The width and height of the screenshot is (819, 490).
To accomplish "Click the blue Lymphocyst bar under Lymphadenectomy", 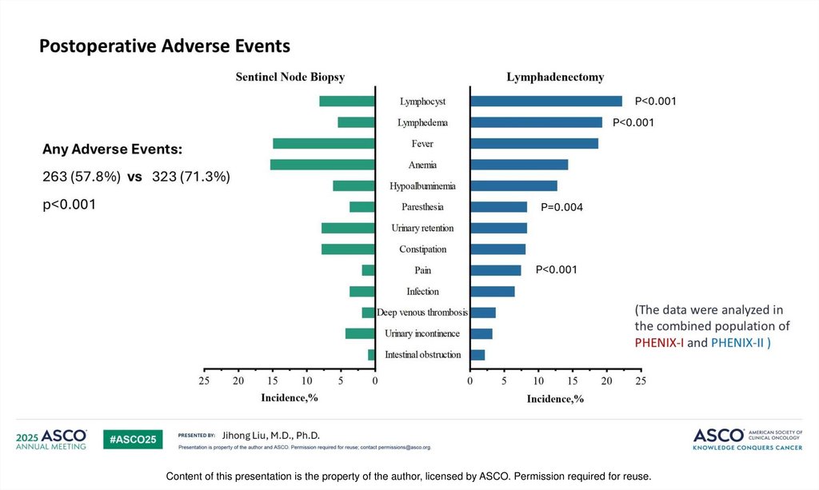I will tap(546, 102).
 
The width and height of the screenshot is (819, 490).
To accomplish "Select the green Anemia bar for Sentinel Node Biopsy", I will tap(322, 165).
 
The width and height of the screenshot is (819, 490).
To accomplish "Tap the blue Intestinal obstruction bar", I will tap(477, 355).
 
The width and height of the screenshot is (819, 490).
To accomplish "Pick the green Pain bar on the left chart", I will tap(368, 270).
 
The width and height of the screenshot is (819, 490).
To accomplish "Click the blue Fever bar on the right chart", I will tap(534, 144).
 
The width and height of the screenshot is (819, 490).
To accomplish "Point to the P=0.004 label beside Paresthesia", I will tap(562, 208).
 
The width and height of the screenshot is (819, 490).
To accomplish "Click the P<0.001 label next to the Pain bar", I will tap(557, 269).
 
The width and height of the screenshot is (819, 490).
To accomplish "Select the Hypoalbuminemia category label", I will tap(422, 186).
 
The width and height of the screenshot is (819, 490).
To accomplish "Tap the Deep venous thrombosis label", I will tap(422, 313).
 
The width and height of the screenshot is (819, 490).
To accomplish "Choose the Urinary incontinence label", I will tap(422, 333).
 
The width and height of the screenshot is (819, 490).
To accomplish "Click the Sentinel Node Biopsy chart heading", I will tap(290, 78).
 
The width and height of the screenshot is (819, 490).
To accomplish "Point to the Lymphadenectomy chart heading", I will tap(555, 78).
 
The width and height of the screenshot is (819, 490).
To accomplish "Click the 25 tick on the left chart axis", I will tap(205, 382).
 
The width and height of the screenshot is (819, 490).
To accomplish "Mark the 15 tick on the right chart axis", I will tap(572, 382).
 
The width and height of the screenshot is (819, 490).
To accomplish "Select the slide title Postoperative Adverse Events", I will tap(165, 46).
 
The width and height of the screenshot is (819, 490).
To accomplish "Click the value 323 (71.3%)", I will tap(191, 177).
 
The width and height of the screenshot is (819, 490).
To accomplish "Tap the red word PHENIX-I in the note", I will tap(660, 343).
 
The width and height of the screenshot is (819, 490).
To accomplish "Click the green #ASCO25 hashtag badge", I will tap(134, 439).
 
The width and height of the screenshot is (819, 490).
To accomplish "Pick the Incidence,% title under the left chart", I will tap(290, 397).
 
